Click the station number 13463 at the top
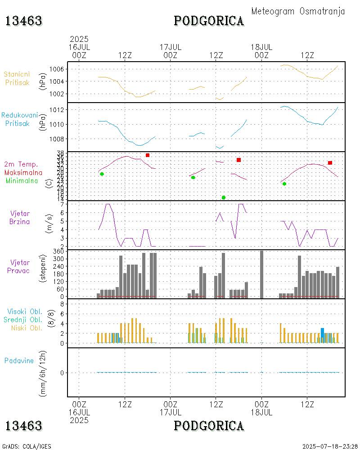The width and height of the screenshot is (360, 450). pos(24,21)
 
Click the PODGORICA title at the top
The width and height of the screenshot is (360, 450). pos(209,21)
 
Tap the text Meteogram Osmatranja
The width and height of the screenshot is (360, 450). pos(298,11)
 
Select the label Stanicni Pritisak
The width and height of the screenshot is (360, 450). pos(18,78)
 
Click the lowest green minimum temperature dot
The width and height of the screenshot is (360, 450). pos(224,198)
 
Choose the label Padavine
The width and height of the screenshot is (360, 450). pos(19,360)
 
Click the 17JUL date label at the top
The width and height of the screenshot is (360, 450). pos(171,47)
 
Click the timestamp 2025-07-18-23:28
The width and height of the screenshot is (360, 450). pos(330,446)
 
